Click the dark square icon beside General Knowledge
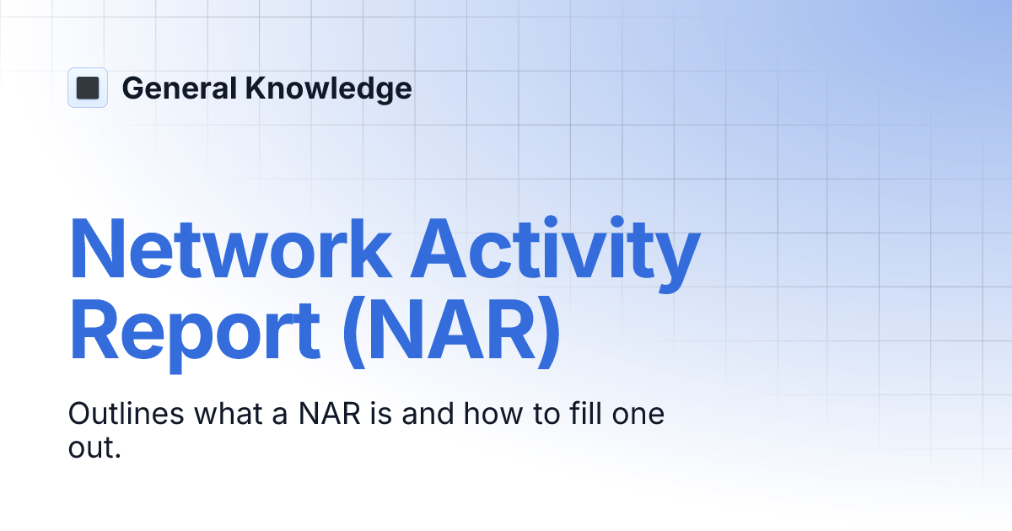(88, 88)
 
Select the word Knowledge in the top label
(328, 88)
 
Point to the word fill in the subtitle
(573, 415)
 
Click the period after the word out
(118, 455)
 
